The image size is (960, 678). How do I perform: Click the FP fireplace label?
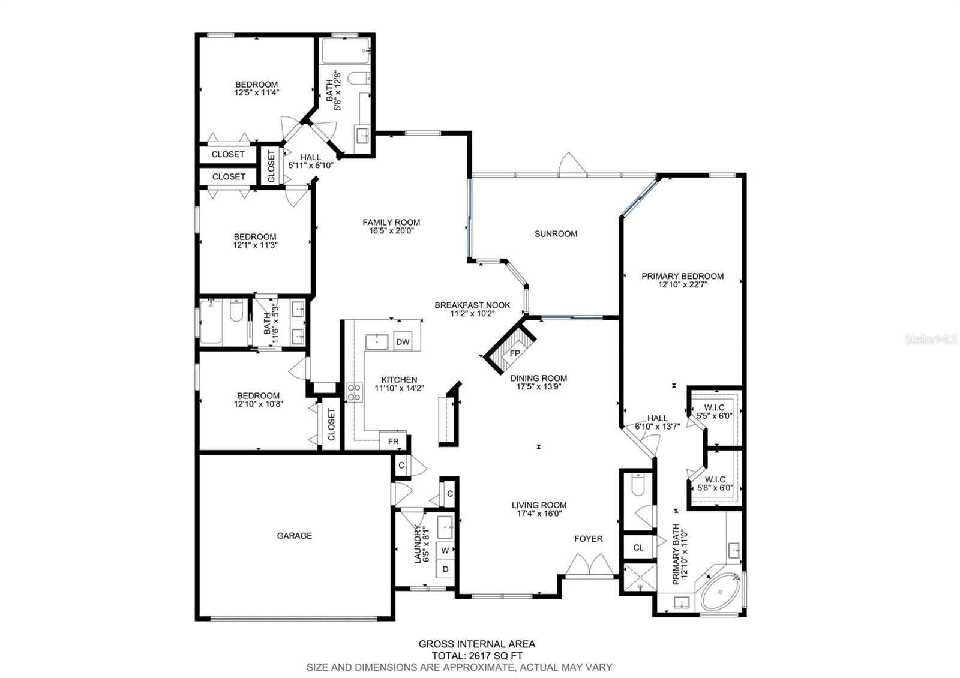(x=515, y=353)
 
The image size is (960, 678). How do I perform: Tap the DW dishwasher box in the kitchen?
(x=403, y=341)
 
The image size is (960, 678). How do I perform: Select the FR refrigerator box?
(x=393, y=441)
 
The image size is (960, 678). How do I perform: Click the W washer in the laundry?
(x=445, y=550)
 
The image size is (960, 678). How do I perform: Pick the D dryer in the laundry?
(x=445, y=569)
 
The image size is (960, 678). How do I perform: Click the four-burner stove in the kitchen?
(x=355, y=392)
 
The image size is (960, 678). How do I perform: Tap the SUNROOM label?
(x=556, y=233)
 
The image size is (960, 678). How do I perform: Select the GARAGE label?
(x=295, y=535)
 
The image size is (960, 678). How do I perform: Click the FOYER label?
(x=589, y=539)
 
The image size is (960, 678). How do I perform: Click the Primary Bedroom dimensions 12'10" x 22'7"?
(x=682, y=284)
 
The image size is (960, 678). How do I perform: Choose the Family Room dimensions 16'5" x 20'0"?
(x=391, y=230)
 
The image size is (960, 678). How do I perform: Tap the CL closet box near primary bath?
(x=638, y=547)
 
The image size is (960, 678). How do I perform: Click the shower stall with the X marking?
(x=640, y=578)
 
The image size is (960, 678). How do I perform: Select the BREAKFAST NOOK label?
(x=472, y=305)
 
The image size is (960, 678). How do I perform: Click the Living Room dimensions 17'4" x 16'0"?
(x=539, y=514)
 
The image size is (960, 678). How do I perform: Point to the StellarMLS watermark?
(x=931, y=340)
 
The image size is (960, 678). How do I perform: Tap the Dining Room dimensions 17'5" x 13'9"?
(x=539, y=386)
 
